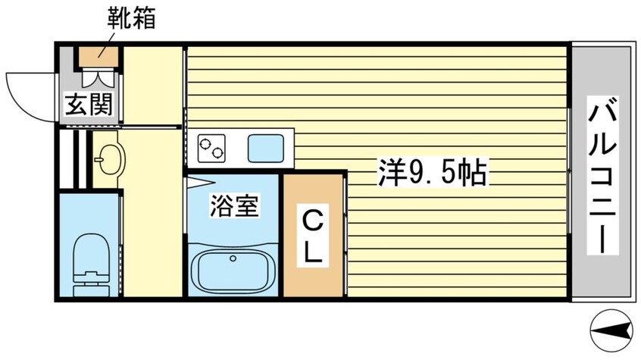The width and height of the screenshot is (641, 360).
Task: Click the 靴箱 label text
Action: pyautogui.click(x=131, y=18)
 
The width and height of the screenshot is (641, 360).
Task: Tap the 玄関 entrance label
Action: pyautogui.click(x=89, y=104)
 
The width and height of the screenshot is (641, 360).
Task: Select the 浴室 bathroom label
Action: pyautogui.click(x=234, y=205)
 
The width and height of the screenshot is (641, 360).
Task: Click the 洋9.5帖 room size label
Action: pyautogui.click(x=433, y=172)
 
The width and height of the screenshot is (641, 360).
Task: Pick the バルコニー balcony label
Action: pyautogui.click(x=602, y=175)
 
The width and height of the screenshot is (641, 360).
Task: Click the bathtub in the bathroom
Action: pyautogui.click(x=233, y=271)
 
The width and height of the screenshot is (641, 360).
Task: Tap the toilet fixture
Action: pyautogui.click(x=91, y=265)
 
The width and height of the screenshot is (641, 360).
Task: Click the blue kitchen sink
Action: pyautogui.click(x=266, y=148)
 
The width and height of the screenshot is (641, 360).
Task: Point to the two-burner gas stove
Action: pyautogui.click(x=211, y=148)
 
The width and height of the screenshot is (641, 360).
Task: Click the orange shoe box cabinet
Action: pyautogui.click(x=98, y=56)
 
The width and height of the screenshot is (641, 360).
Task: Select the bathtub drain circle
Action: pyautogui.click(x=233, y=258)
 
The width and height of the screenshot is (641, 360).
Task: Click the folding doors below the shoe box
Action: pyautogui.click(x=97, y=77)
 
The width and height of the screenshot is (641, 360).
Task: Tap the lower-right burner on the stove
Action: pyautogui.click(x=217, y=153)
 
